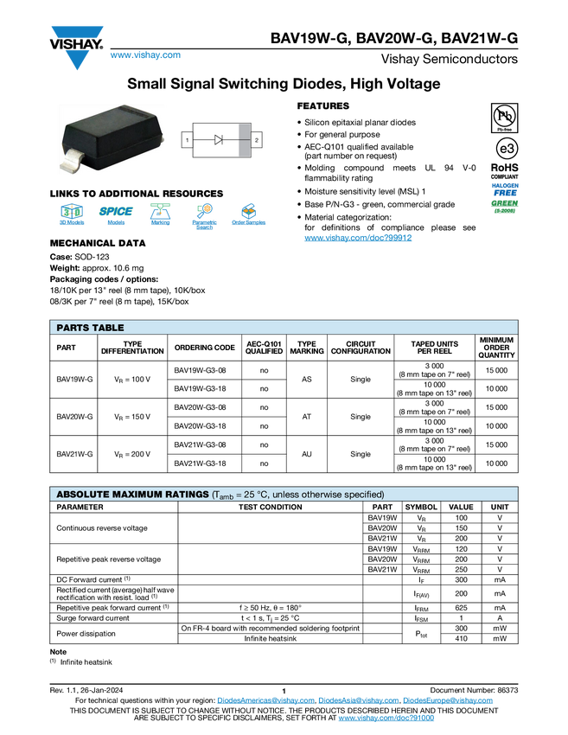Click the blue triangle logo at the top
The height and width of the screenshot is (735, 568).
point(78,61)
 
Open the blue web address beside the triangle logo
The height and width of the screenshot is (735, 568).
point(145,56)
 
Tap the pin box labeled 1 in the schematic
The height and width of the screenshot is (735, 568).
point(187,139)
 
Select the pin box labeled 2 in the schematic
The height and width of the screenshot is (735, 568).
point(257,139)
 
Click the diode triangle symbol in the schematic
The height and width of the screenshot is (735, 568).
point(219,139)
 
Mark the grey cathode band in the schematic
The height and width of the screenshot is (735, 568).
point(245,139)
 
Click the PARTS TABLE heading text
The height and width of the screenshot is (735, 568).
point(90,328)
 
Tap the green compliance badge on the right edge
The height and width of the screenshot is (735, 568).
point(505,206)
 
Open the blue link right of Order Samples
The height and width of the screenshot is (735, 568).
point(358,238)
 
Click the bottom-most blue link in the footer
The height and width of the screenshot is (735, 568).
point(386,719)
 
